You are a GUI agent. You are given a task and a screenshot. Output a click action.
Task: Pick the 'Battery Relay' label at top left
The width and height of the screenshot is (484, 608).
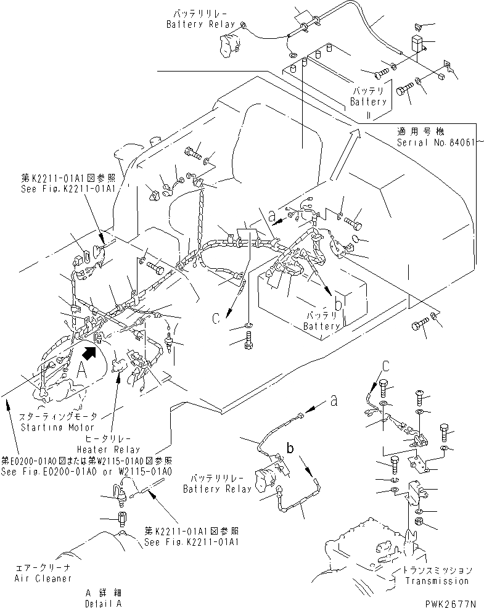click(194, 24)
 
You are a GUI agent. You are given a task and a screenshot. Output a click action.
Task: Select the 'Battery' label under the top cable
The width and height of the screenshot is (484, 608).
click(368, 101)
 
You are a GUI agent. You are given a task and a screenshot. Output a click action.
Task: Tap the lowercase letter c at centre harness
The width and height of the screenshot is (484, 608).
click(216, 319)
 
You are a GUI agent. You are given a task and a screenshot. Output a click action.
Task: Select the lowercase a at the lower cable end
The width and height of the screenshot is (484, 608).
click(334, 400)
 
